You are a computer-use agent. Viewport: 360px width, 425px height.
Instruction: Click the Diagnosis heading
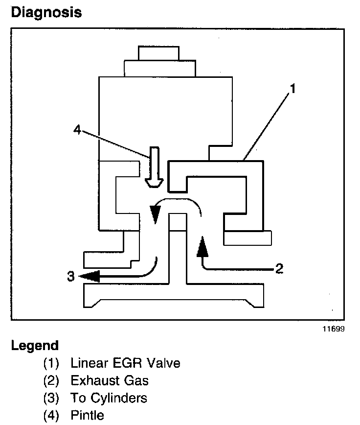pyautogui.click(x=46, y=12)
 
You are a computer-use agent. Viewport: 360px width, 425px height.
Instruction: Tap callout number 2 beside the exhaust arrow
pyautogui.click(x=279, y=268)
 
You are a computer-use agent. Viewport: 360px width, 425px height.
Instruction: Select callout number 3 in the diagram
pyautogui.click(x=71, y=277)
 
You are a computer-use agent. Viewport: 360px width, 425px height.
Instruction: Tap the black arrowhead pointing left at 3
pyautogui.click(x=90, y=277)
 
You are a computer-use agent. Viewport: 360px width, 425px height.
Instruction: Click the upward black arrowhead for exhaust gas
pyautogui.click(x=202, y=247)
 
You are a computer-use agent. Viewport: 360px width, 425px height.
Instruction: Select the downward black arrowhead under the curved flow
pyautogui.click(x=155, y=214)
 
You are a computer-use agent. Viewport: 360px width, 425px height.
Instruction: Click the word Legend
pyautogui.click(x=34, y=345)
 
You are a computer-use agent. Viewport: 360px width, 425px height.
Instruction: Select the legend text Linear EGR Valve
pyautogui.click(x=125, y=363)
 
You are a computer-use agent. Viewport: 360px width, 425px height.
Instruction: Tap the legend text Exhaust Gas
pyautogui.click(x=110, y=380)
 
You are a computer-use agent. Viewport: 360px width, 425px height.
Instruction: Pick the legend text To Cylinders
pyautogui.click(x=109, y=398)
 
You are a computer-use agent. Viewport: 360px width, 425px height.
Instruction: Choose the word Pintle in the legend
pyautogui.click(x=88, y=415)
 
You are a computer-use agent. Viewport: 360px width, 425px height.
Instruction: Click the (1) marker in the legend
pyautogui.click(x=51, y=363)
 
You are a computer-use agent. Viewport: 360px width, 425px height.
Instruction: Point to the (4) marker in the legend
pyautogui.click(x=51, y=415)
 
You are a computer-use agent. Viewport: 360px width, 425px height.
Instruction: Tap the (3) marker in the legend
pyautogui.click(x=51, y=398)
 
